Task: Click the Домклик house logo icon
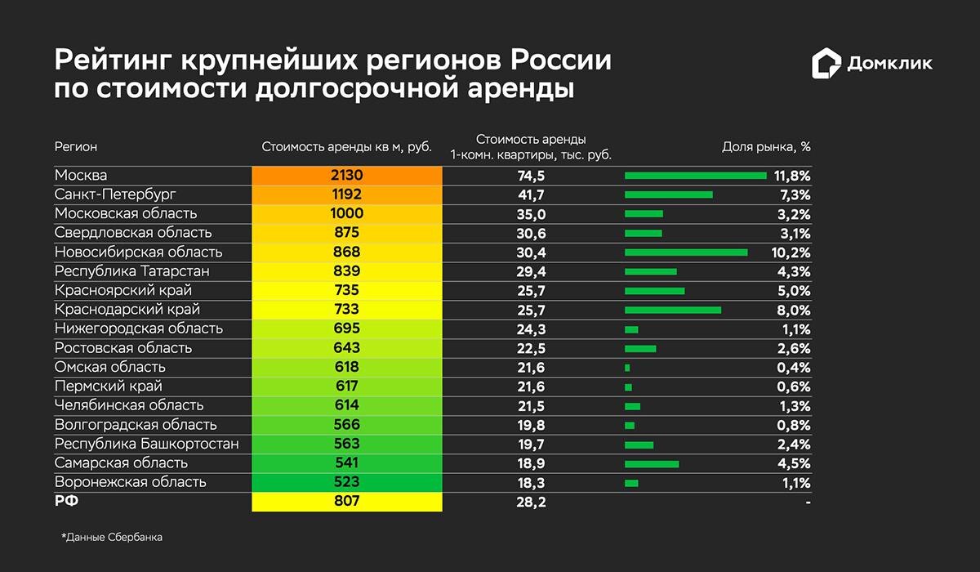pos(826,65)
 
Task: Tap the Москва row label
pos(81,176)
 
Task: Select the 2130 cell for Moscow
pos(346,176)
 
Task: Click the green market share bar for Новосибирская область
pos(686,252)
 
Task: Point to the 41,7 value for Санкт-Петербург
pos(531,194)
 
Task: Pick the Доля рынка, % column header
pos(766,147)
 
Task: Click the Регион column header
pos(76,147)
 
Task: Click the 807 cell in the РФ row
pos(346,501)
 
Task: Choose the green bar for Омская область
pos(627,368)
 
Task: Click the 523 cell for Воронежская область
pos(346,482)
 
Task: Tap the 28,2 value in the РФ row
pos(531,502)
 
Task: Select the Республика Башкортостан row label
pos(146,444)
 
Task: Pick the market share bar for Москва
pos(696,176)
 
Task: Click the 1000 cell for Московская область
pos(346,214)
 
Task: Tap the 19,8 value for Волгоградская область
pos(531,425)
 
